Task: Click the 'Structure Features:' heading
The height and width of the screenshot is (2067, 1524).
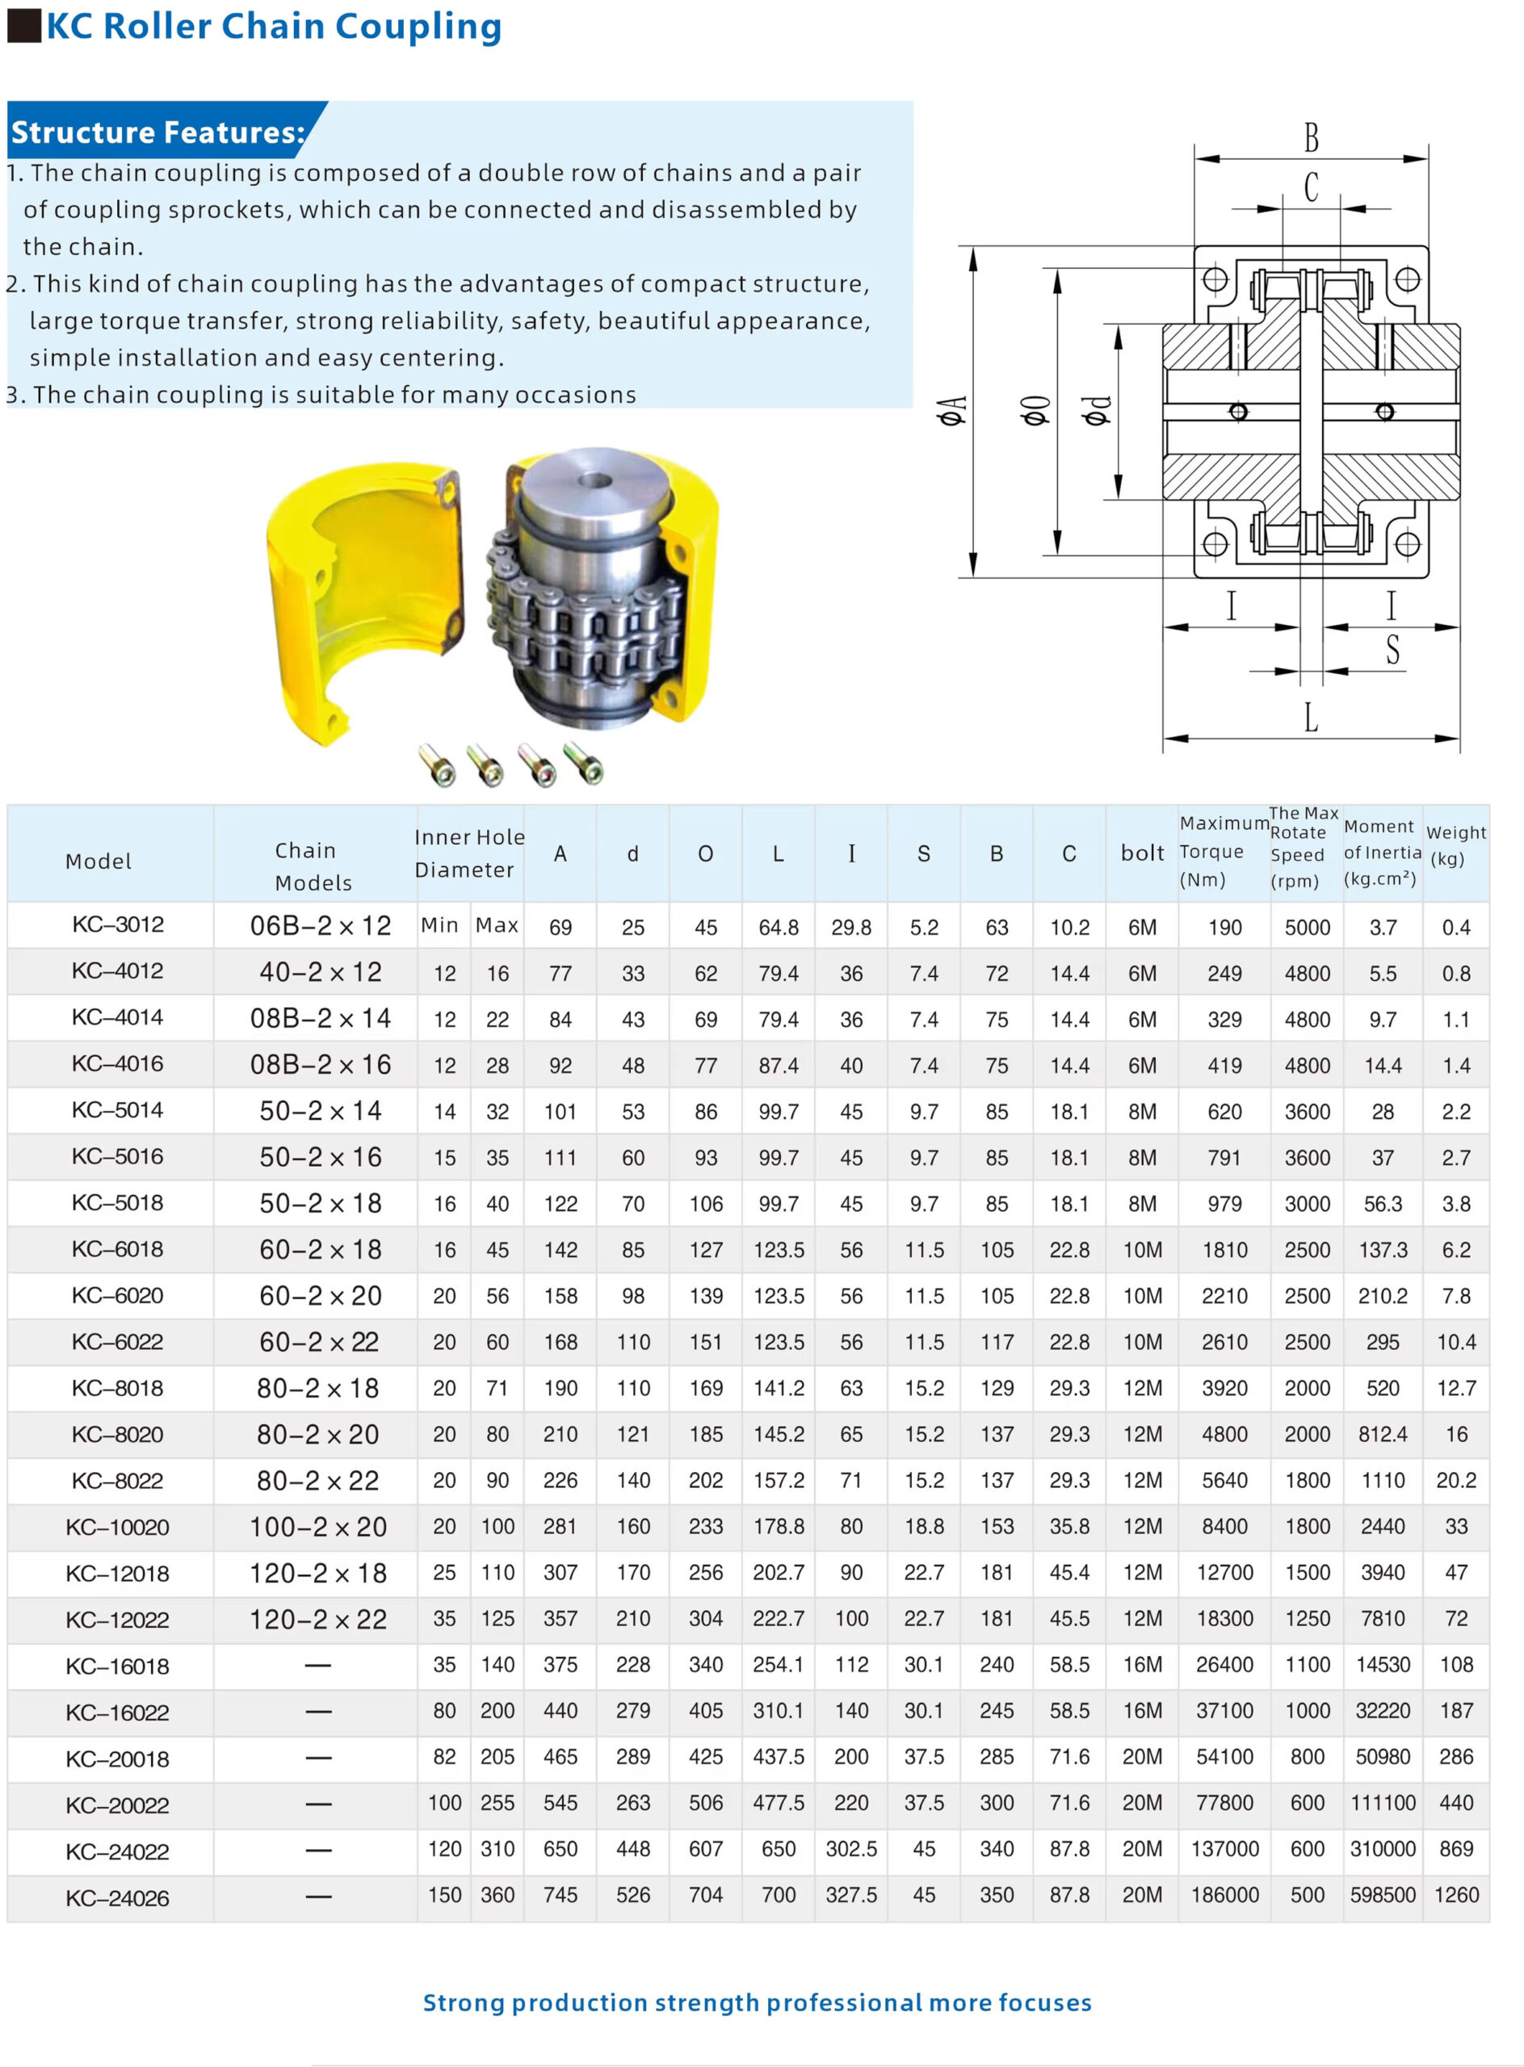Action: [x=157, y=132]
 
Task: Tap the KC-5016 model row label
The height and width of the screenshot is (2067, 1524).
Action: [x=117, y=1157]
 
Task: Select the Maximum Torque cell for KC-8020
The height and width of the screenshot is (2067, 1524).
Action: [x=1224, y=1434]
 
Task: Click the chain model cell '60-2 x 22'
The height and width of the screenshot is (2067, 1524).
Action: [x=318, y=1342]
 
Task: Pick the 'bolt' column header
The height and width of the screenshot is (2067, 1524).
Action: [x=1142, y=853]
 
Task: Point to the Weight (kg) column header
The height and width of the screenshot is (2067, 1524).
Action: [x=1455, y=845]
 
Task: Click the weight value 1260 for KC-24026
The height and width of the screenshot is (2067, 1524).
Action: [x=1455, y=1896]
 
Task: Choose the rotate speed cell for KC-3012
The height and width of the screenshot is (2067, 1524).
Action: [x=1308, y=927]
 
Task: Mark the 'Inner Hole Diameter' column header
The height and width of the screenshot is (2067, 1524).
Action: [x=469, y=853]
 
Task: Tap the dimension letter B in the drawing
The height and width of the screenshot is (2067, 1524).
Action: [x=1311, y=138]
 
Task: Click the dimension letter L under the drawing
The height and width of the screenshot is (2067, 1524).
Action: [x=1311, y=718]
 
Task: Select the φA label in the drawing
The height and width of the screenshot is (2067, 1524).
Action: [x=952, y=410]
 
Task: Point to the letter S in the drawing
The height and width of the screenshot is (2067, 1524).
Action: [x=1392, y=649]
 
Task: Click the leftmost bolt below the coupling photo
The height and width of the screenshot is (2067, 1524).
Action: [x=437, y=765]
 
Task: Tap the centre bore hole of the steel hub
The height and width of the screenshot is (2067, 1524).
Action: [x=596, y=480]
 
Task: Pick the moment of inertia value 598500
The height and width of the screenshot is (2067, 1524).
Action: [x=1382, y=1896]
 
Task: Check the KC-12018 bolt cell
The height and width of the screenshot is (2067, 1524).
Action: [x=1142, y=1573]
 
